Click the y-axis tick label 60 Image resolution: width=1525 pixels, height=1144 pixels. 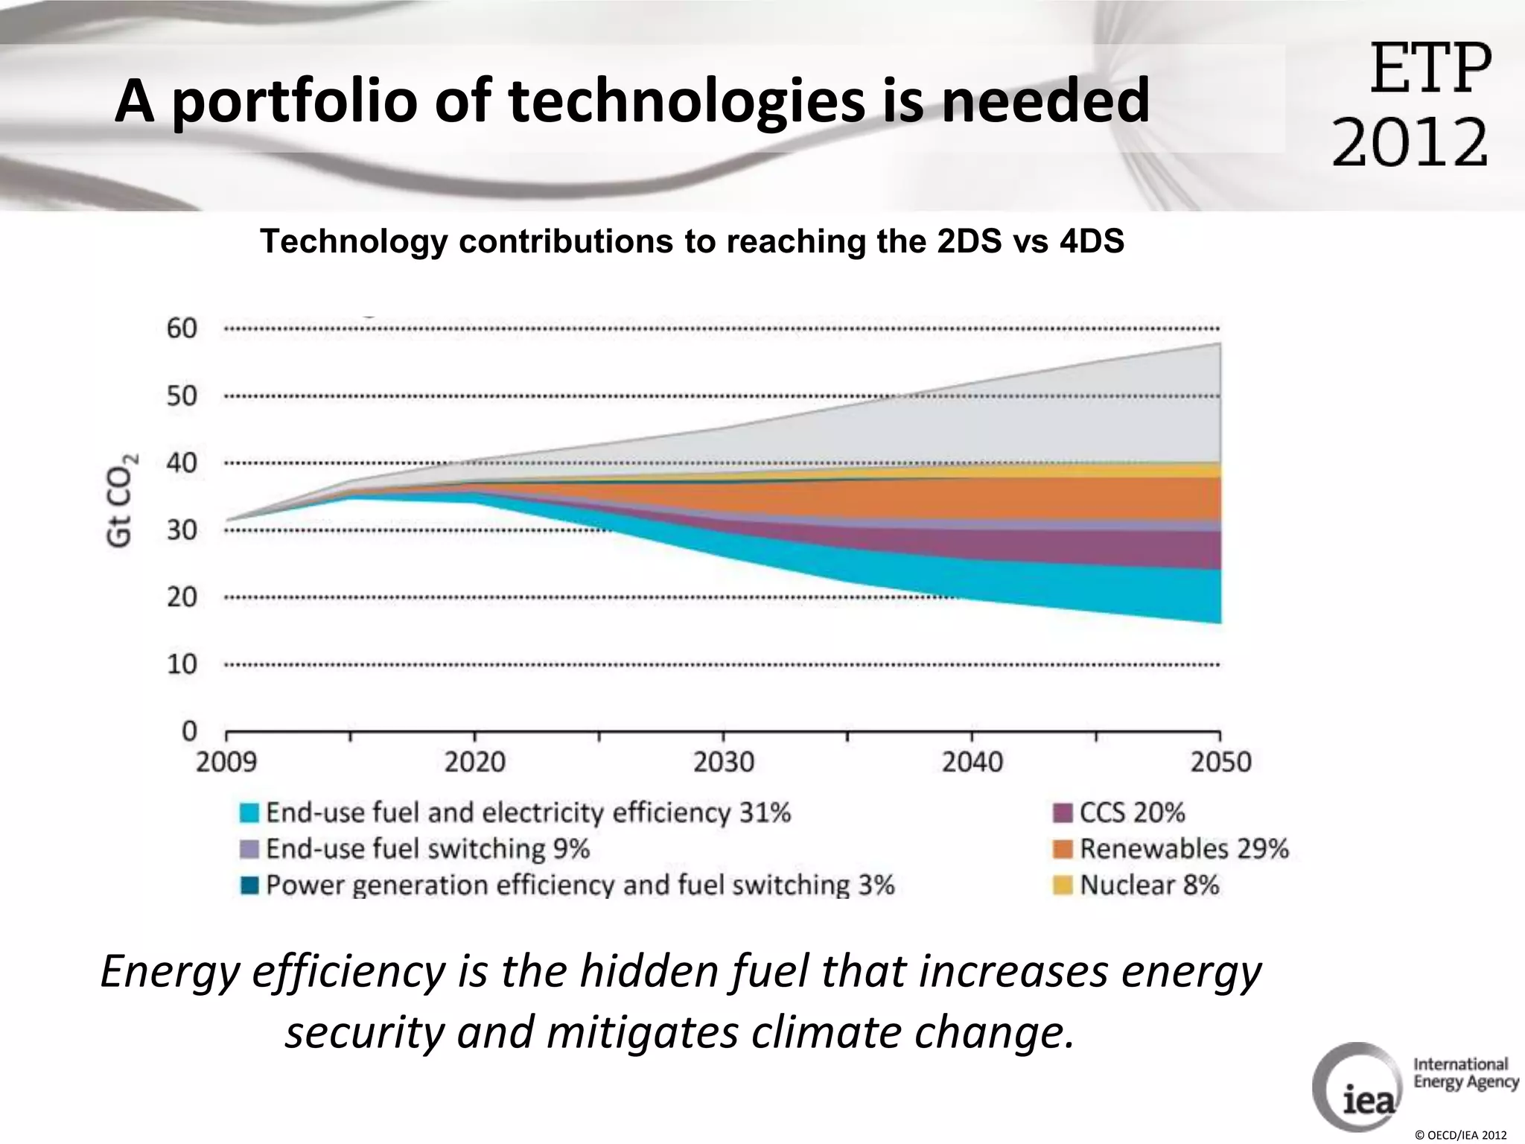tap(182, 328)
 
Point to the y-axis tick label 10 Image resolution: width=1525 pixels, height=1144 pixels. tap(182, 664)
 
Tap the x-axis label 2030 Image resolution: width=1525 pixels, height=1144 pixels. tap(723, 762)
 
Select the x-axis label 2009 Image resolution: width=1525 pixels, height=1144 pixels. tap(226, 762)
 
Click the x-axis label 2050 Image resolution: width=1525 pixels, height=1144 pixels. tap(1220, 762)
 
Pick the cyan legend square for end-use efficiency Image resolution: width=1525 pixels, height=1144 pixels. tap(249, 813)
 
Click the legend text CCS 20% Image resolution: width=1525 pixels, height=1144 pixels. tap(1132, 812)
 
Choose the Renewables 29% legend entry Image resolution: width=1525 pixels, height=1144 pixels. tap(1184, 848)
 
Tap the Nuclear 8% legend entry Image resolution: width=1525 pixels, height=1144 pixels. tap(1150, 885)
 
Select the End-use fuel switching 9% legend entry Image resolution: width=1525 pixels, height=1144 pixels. tap(427, 848)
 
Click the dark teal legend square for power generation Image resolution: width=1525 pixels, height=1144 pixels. tap(249, 886)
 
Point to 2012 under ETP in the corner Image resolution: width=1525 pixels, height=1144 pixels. tap(1410, 142)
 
